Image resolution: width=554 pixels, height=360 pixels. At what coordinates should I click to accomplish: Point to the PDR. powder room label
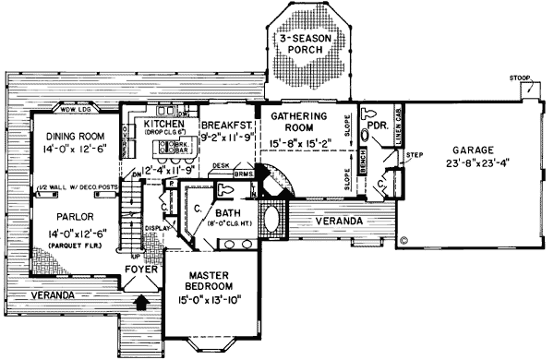(377, 120)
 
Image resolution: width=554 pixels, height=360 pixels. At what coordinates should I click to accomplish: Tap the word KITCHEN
(166, 124)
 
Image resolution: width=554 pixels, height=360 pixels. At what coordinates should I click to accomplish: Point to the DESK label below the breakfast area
(220, 166)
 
